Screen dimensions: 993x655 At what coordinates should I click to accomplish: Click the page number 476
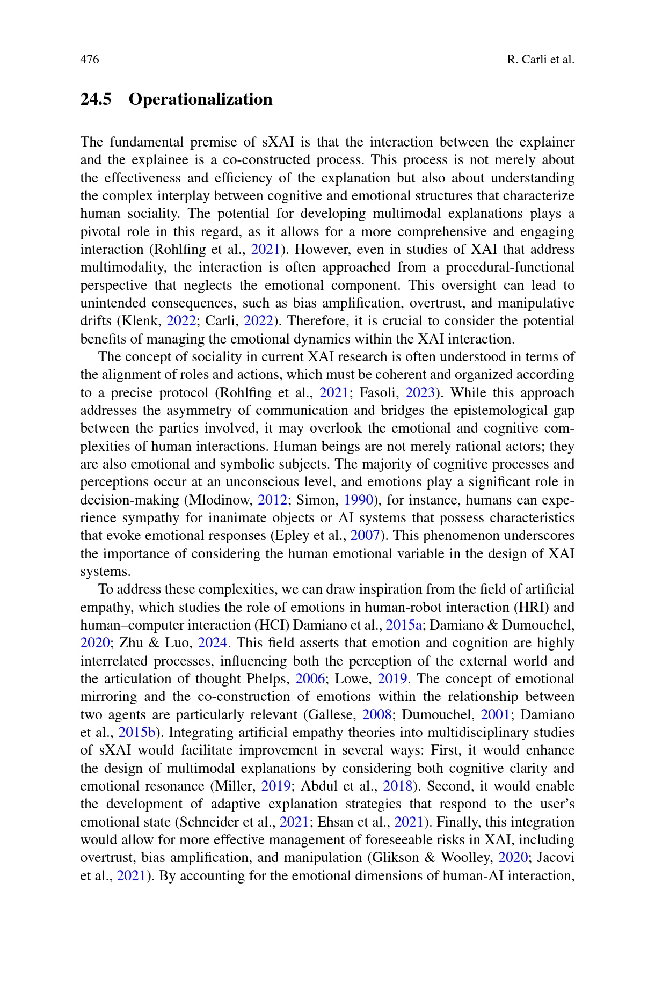pos(90,60)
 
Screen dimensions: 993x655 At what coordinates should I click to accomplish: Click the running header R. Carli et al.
pos(540,60)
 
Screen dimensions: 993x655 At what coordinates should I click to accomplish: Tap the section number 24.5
pos(96,99)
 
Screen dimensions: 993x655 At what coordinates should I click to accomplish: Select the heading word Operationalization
pos(200,99)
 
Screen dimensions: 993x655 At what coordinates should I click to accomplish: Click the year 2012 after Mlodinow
pos(272,500)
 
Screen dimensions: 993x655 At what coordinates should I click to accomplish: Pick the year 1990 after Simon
pos(358,500)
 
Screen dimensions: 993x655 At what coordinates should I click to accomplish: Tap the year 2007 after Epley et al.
pos(365,536)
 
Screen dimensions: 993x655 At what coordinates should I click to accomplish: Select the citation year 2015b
pos(136,733)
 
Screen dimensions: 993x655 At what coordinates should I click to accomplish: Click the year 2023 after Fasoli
pos(420,393)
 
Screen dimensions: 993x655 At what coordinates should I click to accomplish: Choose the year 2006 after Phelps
pos(310,679)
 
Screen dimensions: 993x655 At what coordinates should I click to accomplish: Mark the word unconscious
pos(260,482)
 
